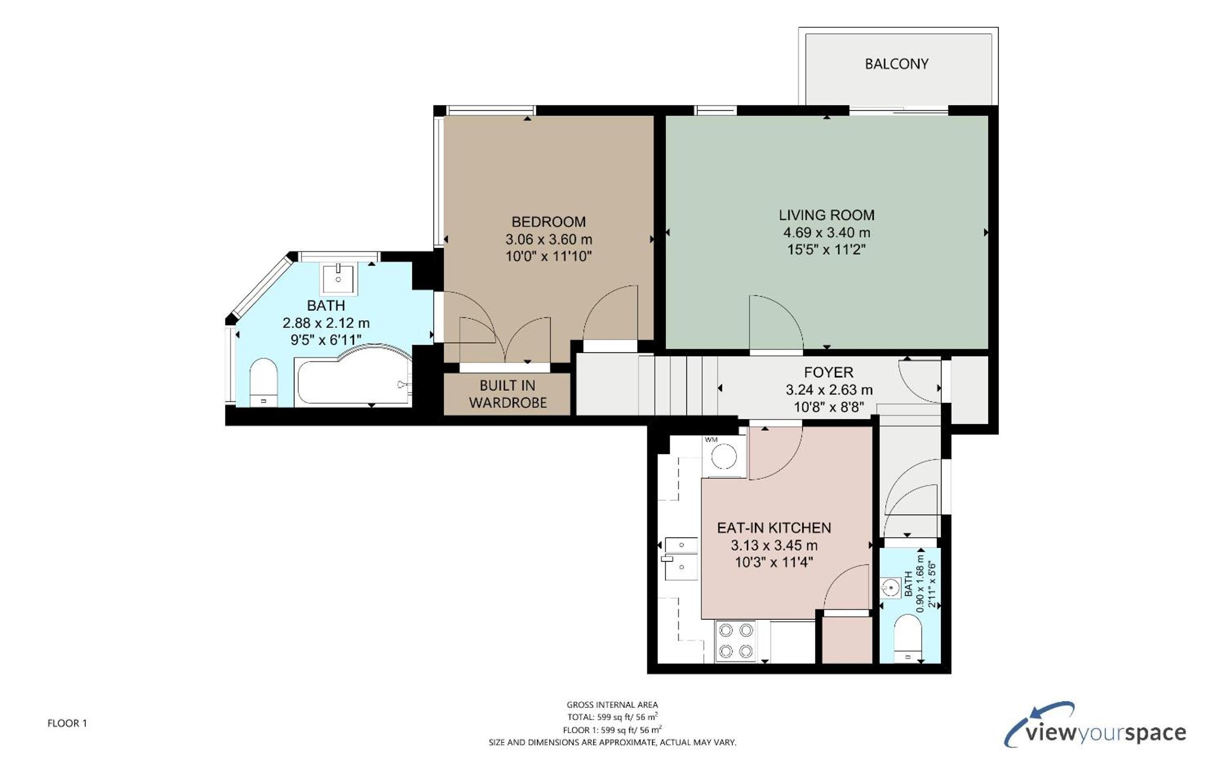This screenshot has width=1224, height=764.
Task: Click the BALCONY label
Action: click(896, 64)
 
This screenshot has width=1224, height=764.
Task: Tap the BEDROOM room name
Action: click(549, 222)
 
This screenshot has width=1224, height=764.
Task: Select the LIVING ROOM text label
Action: click(826, 215)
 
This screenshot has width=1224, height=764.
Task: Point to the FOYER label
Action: click(829, 372)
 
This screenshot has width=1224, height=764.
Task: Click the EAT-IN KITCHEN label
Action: click(774, 528)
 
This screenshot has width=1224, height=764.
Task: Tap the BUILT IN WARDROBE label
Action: click(508, 394)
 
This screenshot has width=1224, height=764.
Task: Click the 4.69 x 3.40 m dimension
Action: click(826, 233)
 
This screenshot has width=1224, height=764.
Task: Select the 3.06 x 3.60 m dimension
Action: click(549, 240)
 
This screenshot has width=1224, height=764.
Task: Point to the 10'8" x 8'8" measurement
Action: click(829, 407)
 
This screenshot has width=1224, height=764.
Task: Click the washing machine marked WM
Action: click(724, 456)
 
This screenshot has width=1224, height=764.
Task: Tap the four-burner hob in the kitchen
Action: click(735, 641)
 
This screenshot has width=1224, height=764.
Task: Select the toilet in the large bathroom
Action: click(264, 382)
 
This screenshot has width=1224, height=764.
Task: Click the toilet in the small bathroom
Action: click(908, 638)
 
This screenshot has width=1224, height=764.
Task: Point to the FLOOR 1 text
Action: click(67, 723)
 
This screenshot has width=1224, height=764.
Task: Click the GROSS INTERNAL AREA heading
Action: click(612, 705)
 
